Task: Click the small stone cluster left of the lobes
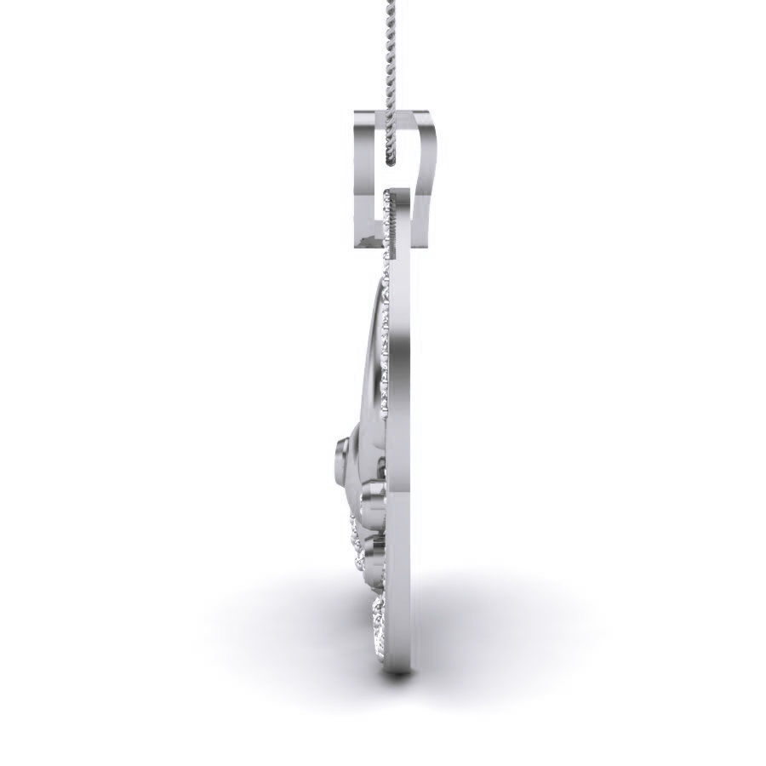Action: click(x=354, y=536)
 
